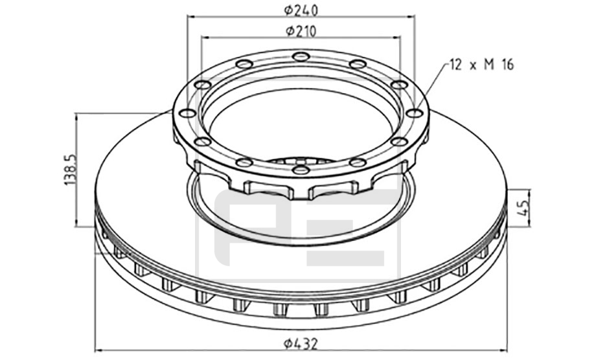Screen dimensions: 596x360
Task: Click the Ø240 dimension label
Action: (301, 10)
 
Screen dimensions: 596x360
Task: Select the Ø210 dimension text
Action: (301, 32)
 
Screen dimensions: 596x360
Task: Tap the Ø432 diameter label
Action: (301, 344)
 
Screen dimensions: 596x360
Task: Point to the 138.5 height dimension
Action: (70, 170)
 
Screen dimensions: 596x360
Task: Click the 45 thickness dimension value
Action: (523, 208)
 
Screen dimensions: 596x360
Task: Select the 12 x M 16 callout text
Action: (481, 65)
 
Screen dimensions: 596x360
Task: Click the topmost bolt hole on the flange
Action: (301, 57)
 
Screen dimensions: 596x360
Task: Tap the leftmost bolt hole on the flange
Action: (187, 113)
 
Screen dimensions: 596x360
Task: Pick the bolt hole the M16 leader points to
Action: (415, 113)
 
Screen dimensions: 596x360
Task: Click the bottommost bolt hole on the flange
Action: (301, 170)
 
